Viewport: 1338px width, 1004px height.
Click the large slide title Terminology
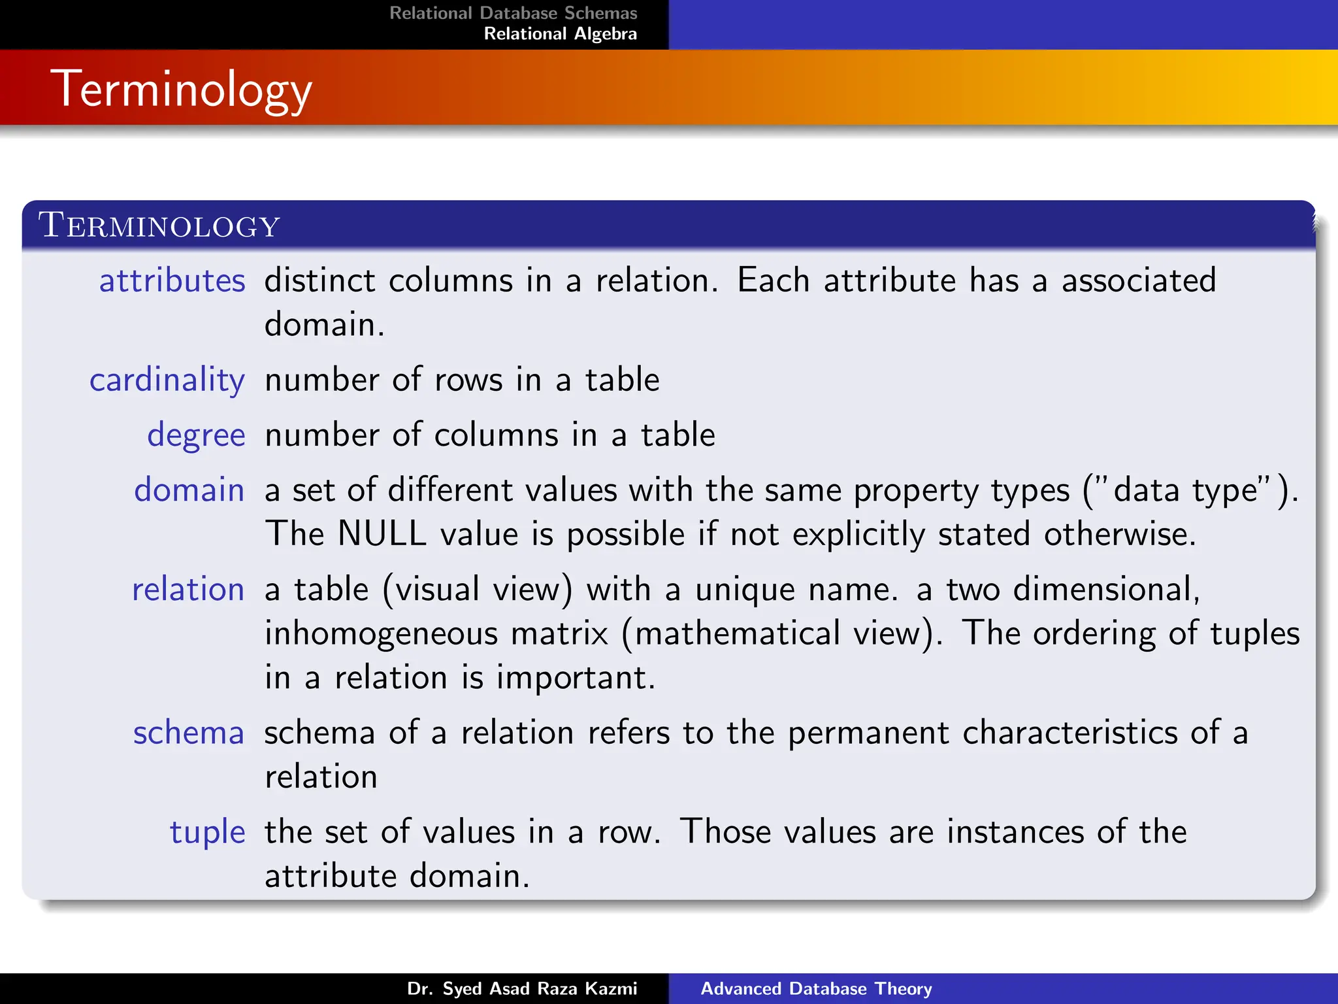184,90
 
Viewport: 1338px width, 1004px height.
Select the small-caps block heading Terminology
159,226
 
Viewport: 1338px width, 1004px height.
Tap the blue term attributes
172,281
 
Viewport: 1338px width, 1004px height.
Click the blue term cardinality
167,380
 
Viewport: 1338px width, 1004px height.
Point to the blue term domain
189,490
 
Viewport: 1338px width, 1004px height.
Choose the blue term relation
188,590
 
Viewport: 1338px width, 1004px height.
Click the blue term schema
188,733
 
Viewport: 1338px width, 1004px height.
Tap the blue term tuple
207,833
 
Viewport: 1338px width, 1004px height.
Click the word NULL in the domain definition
382,533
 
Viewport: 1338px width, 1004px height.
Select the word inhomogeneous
380,634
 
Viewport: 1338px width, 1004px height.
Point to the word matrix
559,634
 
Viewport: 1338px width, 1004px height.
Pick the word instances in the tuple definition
1015,832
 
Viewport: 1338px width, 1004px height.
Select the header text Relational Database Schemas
513,13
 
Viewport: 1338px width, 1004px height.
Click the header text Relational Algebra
560,34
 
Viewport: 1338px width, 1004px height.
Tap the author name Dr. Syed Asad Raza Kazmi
522,988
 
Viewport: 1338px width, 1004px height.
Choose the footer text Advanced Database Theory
816,988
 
